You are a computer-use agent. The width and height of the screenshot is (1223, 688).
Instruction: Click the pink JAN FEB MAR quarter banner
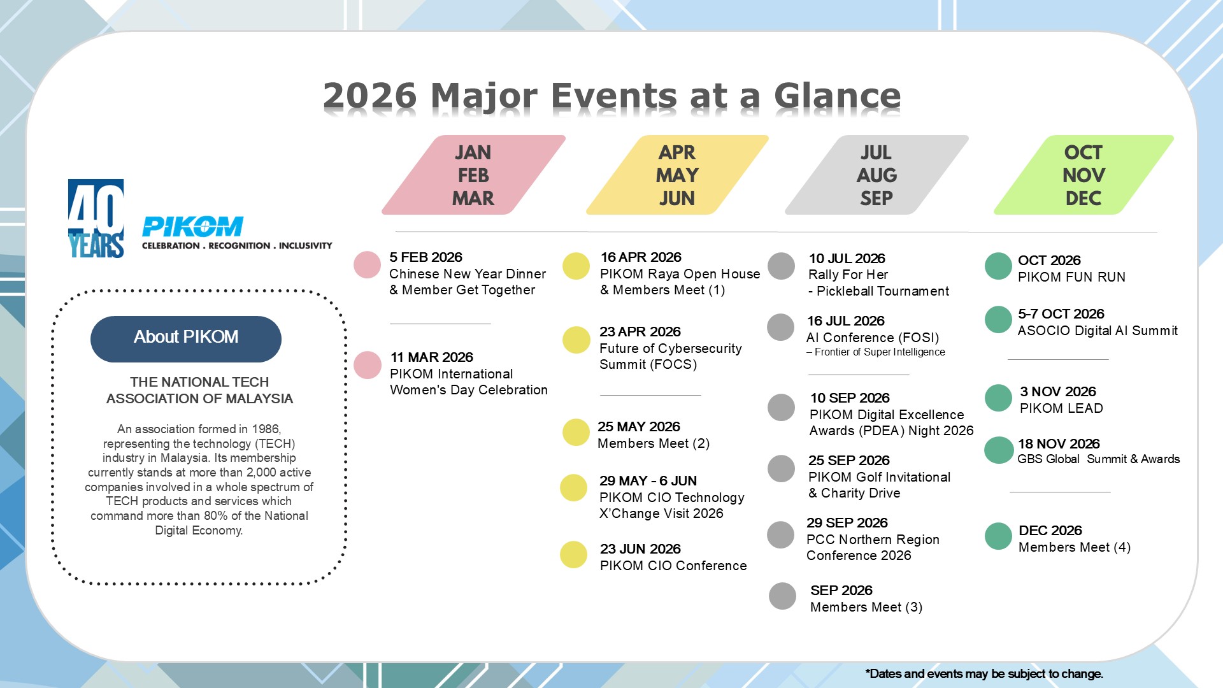tap(473, 175)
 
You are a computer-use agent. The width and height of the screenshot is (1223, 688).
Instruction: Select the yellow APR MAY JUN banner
tap(677, 175)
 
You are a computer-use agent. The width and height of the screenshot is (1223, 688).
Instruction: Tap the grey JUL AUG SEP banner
tap(876, 175)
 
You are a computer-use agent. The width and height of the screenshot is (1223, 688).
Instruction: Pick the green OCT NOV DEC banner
tap(1084, 175)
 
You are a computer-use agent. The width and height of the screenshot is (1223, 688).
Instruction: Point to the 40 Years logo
tap(96, 219)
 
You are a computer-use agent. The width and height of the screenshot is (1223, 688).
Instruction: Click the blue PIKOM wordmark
tap(192, 226)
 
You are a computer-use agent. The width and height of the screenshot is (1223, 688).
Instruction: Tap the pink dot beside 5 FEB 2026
tap(368, 265)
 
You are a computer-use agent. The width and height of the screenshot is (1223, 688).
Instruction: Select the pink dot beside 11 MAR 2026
tap(368, 365)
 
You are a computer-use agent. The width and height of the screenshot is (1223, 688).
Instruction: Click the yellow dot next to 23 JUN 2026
tap(573, 555)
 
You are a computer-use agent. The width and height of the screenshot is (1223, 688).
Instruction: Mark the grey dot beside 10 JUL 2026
tap(782, 266)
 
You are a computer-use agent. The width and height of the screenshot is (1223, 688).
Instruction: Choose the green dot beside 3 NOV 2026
tap(999, 398)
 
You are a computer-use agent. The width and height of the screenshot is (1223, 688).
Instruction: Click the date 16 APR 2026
tap(641, 257)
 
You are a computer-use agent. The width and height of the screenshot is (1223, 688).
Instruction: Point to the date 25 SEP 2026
tap(849, 461)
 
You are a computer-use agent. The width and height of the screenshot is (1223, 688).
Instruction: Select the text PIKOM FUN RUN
tap(1072, 277)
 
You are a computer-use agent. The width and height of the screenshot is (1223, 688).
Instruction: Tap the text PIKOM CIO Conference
tap(673, 566)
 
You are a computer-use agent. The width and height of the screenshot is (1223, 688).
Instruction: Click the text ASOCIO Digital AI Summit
tap(1098, 331)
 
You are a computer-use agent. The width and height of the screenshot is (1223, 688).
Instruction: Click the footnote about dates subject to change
tap(984, 674)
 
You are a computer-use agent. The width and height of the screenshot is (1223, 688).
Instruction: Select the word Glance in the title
tap(837, 96)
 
